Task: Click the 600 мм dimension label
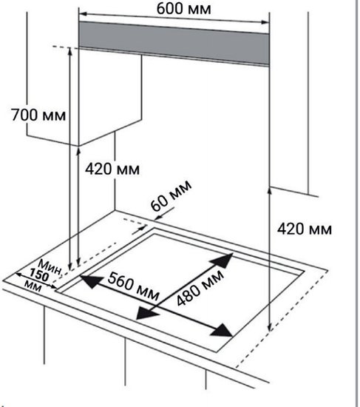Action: [x=183, y=9]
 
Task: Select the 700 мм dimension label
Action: [x=38, y=115]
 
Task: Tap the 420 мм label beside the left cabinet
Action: [x=112, y=169]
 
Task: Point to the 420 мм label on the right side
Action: [x=305, y=229]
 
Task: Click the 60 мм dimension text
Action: [x=171, y=195]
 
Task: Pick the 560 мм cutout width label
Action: [x=133, y=286]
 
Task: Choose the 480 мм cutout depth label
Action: [x=200, y=287]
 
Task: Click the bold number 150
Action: [x=39, y=275]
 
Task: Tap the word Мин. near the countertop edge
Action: [x=50, y=267]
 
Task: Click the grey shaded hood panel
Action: [x=174, y=43]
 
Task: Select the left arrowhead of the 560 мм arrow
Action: [x=91, y=282]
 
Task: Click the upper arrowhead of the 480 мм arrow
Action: [x=223, y=260]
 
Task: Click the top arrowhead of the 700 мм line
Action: [x=69, y=51]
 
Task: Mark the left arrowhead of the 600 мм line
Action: [x=83, y=13]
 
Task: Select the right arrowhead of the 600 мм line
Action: [x=265, y=22]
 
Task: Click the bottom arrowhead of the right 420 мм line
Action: [x=270, y=327]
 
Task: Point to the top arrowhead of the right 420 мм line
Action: [x=270, y=190]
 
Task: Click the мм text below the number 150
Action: [x=33, y=287]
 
